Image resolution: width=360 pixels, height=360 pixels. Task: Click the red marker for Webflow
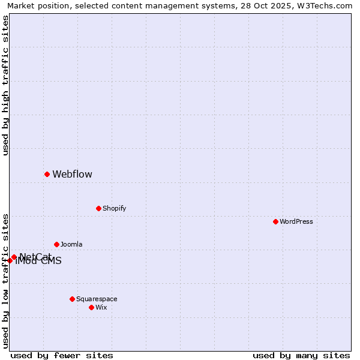click(47, 174)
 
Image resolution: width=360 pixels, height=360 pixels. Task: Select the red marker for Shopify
click(98, 208)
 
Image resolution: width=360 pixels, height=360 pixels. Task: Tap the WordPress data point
click(275, 221)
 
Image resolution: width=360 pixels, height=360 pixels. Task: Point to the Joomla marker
click(56, 244)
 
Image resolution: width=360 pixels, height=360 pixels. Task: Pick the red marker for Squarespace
click(72, 299)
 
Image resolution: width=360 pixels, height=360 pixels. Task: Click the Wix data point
click(91, 307)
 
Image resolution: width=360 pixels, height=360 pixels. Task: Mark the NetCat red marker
click(14, 257)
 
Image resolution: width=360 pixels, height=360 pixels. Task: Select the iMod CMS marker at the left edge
click(10, 260)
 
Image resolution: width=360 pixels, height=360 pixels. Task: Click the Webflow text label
click(73, 175)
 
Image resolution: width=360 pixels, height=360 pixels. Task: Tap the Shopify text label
click(114, 209)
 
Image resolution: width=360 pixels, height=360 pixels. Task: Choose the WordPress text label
click(296, 222)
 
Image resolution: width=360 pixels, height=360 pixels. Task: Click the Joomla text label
click(71, 245)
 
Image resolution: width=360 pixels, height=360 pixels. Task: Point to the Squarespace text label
click(97, 299)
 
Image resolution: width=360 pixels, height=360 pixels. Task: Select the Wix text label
click(101, 308)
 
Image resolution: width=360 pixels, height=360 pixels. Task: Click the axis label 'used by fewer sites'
click(62, 355)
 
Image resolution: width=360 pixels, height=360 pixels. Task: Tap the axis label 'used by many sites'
click(301, 355)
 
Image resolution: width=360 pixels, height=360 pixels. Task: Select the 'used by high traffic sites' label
click(6, 85)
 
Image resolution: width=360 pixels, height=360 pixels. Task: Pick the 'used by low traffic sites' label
click(6, 280)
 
